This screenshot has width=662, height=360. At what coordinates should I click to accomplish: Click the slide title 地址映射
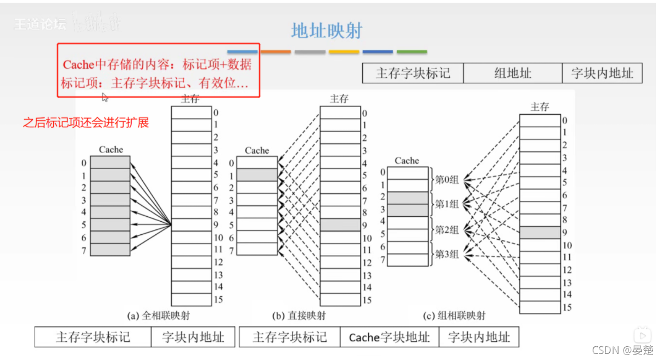click(327, 31)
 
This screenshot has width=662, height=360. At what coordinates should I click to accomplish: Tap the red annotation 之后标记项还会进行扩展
click(86, 122)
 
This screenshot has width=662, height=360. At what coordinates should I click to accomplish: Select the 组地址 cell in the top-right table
click(513, 74)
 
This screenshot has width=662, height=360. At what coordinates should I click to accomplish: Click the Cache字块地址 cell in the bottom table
click(389, 337)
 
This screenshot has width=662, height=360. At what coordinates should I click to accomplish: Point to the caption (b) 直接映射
click(299, 316)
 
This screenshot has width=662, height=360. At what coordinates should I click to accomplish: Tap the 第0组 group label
click(447, 179)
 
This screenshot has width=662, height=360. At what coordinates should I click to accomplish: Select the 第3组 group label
click(447, 255)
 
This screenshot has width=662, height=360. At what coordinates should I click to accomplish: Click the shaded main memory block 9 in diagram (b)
click(340, 225)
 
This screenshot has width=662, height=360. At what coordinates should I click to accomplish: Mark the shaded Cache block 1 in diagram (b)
click(257, 175)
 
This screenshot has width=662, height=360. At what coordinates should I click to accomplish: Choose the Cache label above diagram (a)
click(111, 150)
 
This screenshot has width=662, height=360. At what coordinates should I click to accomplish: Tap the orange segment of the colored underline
click(276, 52)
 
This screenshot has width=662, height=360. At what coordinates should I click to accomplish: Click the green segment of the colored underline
click(412, 52)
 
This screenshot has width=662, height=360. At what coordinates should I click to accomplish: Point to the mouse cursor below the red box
click(105, 97)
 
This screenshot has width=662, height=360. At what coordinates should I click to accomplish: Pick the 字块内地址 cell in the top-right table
click(602, 74)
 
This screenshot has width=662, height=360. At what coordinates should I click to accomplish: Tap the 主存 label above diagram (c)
click(540, 108)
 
